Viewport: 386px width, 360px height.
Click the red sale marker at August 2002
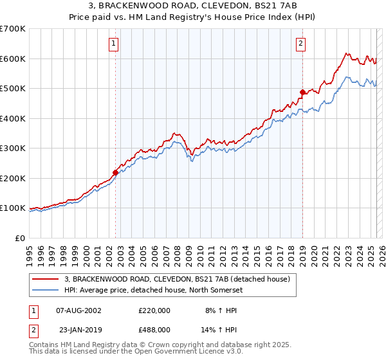pos(116,172)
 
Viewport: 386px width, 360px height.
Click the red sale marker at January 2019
pos(302,93)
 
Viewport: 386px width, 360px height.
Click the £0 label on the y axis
pos(21,238)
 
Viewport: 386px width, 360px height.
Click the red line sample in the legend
pos(46,280)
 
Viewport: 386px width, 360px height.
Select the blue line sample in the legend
pos(46,290)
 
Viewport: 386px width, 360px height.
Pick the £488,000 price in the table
pos(154,330)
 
